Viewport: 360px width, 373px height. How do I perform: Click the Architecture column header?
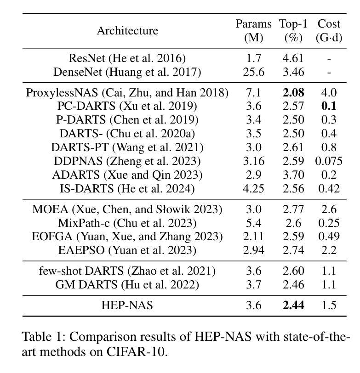(x=127, y=31)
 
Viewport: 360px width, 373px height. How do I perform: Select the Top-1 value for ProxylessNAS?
(x=293, y=92)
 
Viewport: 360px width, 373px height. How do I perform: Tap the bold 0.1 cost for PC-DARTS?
(x=329, y=106)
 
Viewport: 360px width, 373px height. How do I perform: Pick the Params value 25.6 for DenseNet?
(x=254, y=72)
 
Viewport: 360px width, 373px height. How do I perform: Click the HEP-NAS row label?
(x=127, y=305)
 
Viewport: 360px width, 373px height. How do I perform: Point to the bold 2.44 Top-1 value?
(x=293, y=305)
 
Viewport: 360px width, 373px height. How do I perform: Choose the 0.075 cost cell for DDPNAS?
(x=329, y=161)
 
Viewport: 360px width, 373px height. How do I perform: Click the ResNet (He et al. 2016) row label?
(x=127, y=58)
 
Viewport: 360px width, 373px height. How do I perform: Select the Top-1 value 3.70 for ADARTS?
(x=293, y=175)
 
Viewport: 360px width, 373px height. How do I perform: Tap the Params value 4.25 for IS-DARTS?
(x=254, y=189)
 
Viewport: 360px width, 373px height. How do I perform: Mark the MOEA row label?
(x=127, y=209)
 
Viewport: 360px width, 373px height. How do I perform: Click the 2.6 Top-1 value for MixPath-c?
(x=293, y=223)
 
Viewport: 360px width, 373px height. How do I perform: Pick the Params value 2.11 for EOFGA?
(x=254, y=237)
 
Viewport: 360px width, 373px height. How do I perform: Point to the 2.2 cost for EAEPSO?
(x=329, y=250)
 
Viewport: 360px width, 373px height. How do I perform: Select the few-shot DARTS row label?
(x=127, y=271)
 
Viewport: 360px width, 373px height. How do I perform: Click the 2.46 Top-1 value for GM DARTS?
(x=293, y=284)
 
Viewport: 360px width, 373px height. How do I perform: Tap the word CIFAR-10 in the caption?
(x=136, y=351)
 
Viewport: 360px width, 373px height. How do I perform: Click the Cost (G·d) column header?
(x=329, y=31)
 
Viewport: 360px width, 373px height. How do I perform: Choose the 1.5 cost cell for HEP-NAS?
(x=329, y=305)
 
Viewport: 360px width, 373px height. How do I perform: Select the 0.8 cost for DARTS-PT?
(x=329, y=147)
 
